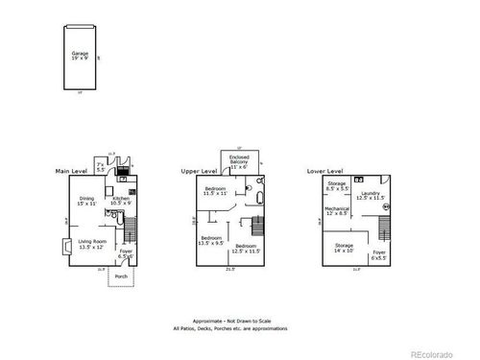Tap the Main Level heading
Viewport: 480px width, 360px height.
pyautogui.click(x=77, y=170)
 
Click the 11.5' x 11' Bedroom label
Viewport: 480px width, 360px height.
pyautogui.click(x=216, y=191)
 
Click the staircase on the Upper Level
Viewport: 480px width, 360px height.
pyautogui.click(x=256, y=227)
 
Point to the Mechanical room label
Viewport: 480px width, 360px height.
pyautogui.click(x=338, y=210)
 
